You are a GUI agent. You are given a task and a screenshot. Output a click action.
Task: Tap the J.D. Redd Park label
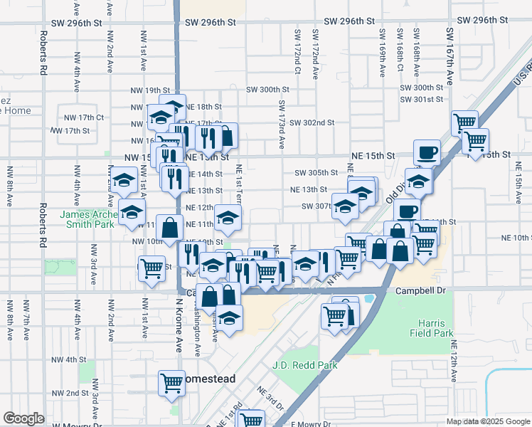[304, 365]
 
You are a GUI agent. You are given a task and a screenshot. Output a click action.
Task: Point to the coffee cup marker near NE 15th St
[427, 152]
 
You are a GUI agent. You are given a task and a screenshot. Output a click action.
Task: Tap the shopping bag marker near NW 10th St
[169, 228]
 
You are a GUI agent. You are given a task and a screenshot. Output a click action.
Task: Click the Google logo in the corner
[23, 418]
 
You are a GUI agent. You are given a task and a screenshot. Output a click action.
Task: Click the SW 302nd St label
[312, 122]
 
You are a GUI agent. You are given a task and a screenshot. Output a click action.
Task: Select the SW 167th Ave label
[449, 53]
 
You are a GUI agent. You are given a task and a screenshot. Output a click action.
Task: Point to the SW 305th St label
[316, 173]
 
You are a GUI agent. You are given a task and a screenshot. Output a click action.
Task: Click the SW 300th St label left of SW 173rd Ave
[267, 90]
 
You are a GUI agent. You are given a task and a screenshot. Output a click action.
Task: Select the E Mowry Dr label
[307, 424]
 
